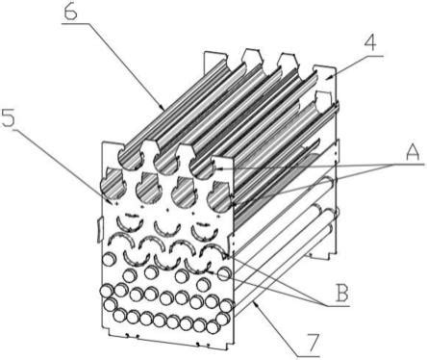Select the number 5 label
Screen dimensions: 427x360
pyautogui.click(x=9, y=117)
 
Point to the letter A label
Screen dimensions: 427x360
pyautogui.click(x=413, y=152)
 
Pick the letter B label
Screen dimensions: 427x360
pyautogui.click(x=340, y=292)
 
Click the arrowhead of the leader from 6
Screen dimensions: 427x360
pyautogui.click(x=163, y=107)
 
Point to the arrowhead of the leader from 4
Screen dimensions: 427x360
pyautogui.click(x=328, y=77)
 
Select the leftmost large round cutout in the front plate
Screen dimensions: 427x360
pyautogui.click(x=113, y=186)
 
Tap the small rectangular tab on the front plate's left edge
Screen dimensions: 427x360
pyautogui.click(x=99, y=230)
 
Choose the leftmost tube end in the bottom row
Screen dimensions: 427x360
pyautogui.click(x=120, y=317)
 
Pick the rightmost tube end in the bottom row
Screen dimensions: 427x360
pyautogui.click(x=213, y=326)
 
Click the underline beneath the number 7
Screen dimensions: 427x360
pyautogui.click(x=309, y=356)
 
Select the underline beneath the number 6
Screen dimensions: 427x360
pyautogui.click(x=76, y=23)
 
